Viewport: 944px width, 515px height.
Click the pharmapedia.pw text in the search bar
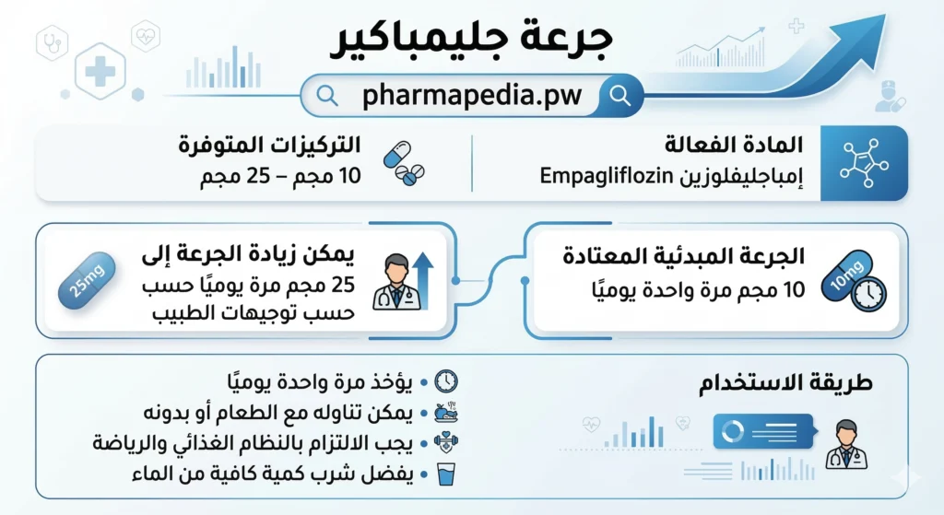tap(472, 95)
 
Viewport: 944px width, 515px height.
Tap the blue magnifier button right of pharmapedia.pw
tap(621, 95)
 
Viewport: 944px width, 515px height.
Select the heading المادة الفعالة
tap(734, 145)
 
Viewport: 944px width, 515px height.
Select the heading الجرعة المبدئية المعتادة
tap(684, 256)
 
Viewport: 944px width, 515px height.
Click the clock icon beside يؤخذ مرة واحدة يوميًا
tap(445, 380)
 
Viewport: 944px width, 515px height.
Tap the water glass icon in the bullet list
tap(445, 475)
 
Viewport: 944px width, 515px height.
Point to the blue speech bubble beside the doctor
tap(764, 431)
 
